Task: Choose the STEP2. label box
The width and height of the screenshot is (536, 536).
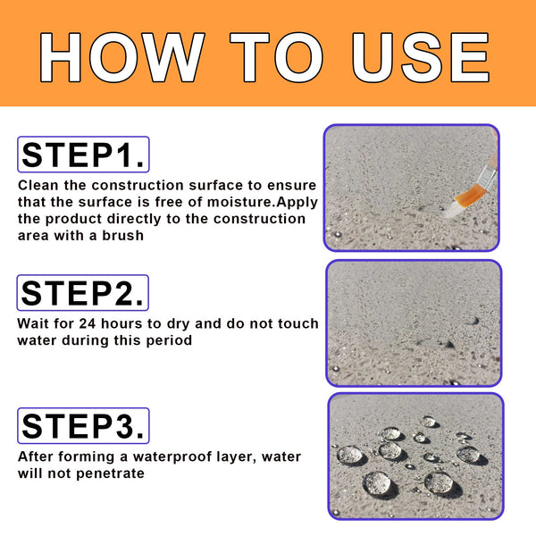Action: pyautogui.click(x=83, y=292)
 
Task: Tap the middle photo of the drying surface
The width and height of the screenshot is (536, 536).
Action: pyautogui.click(x=413, y=322)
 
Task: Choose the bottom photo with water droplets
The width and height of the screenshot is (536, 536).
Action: pyautogui.click(x=415, y=456)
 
